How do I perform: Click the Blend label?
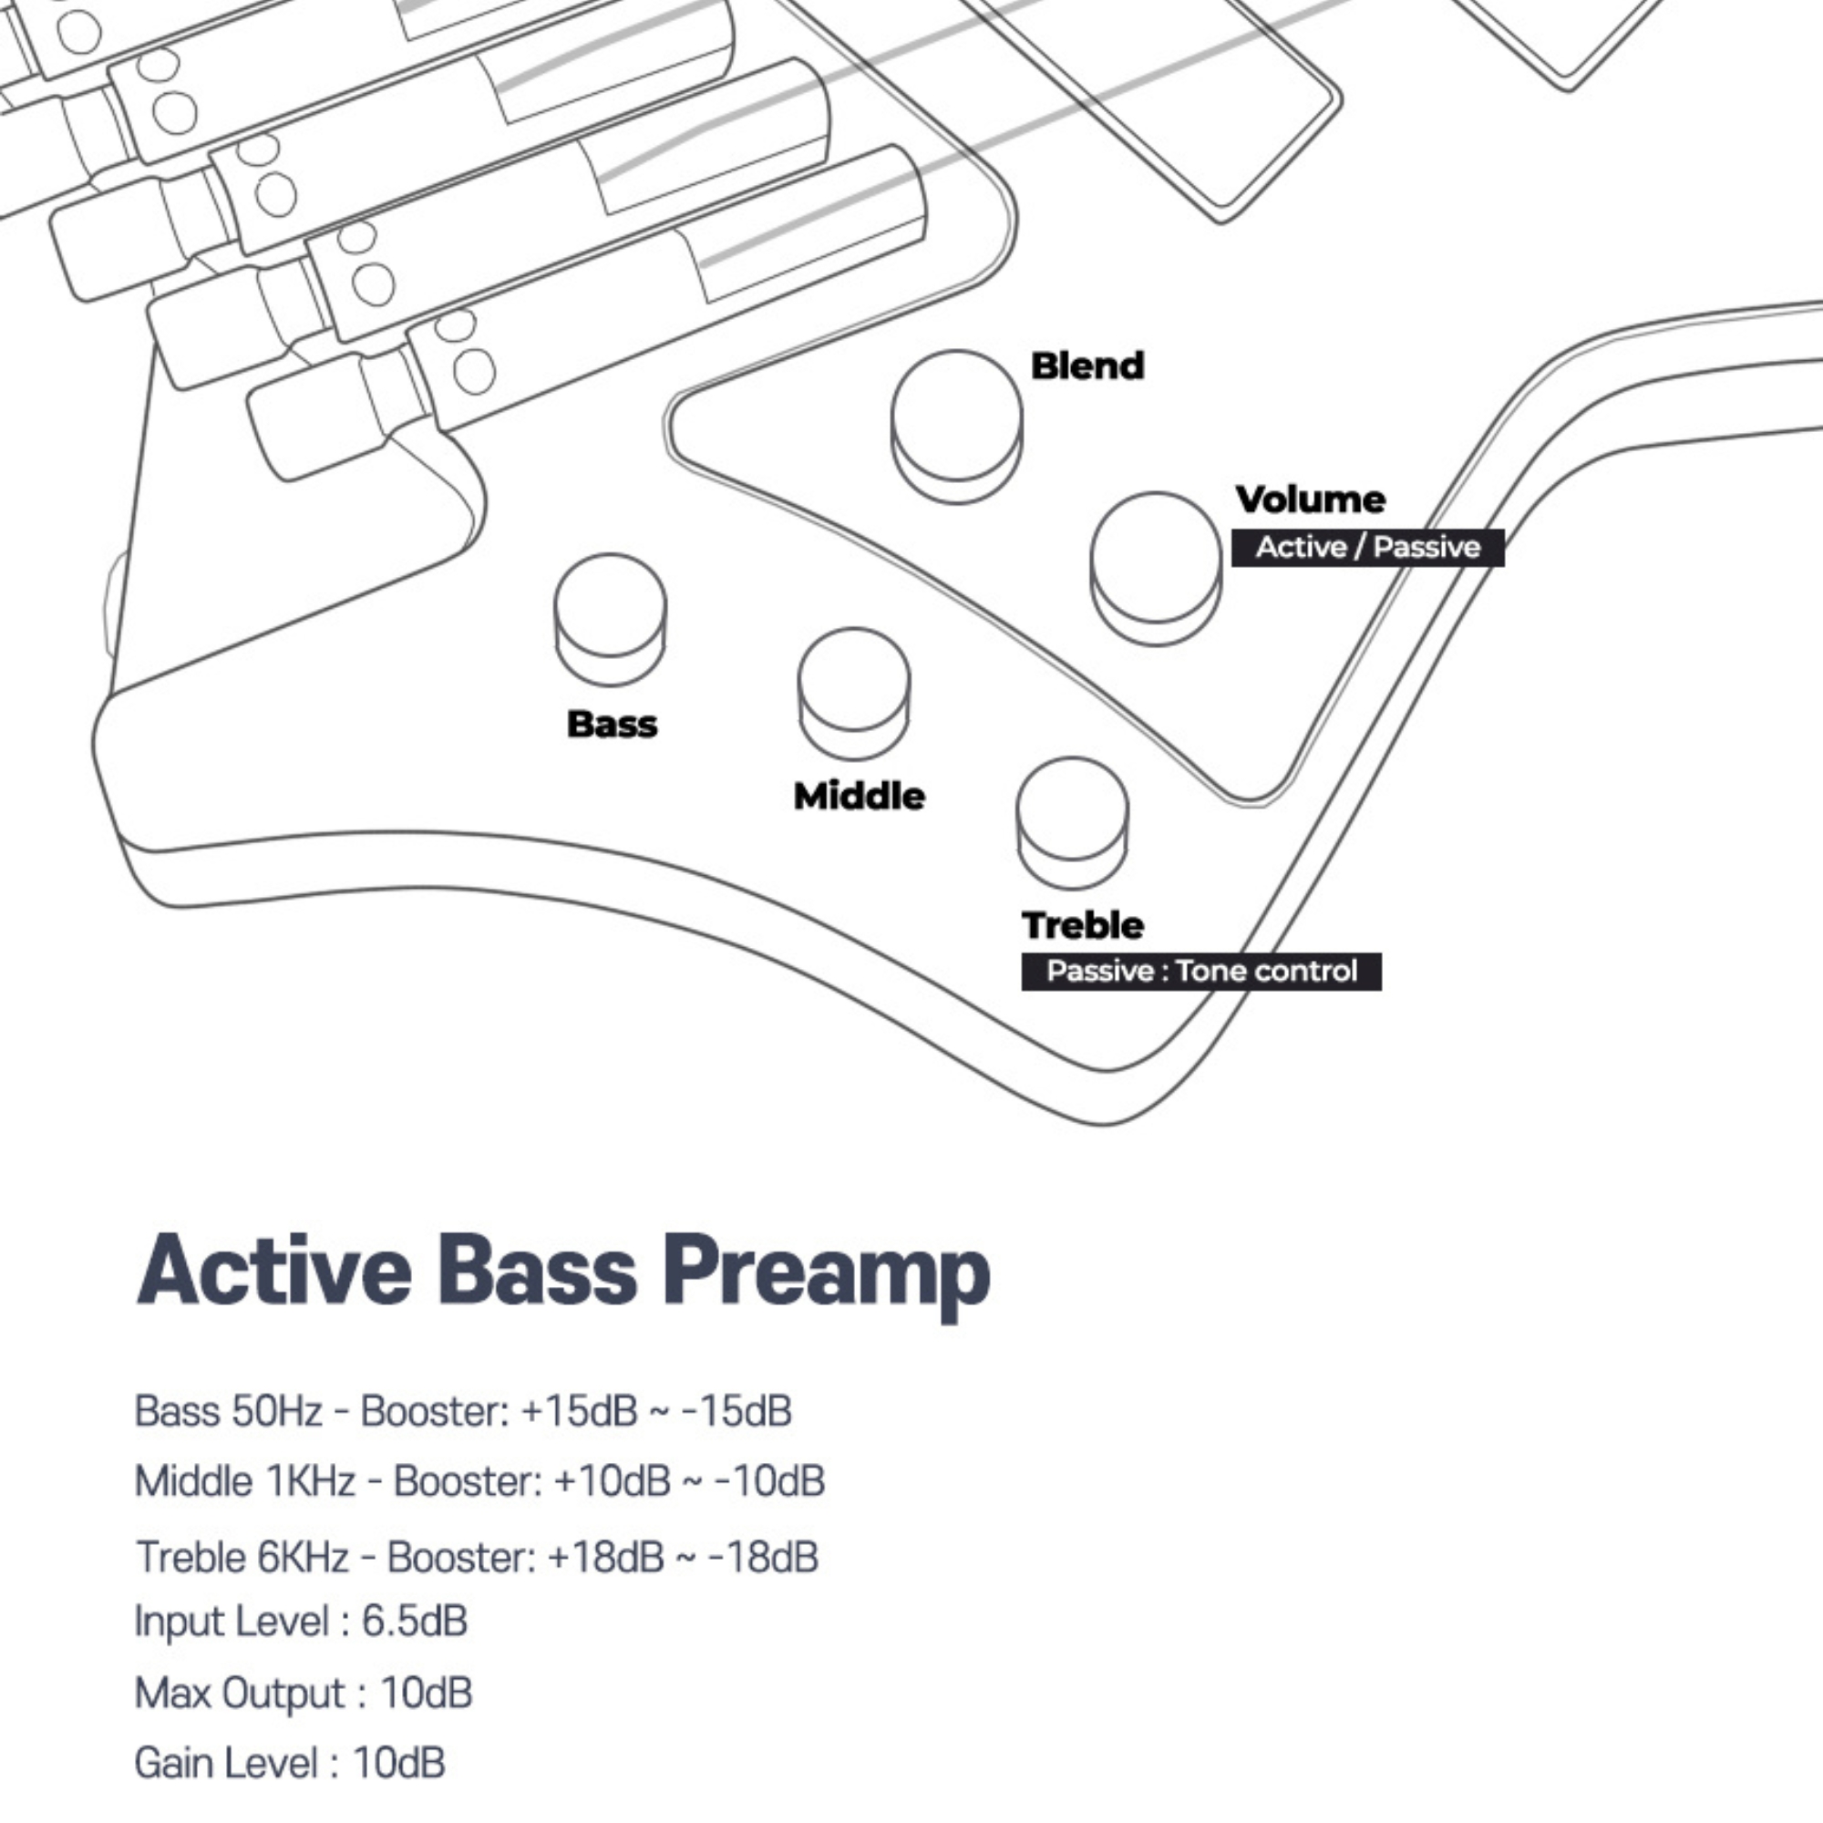pos(1087,366)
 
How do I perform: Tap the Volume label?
pos(1311,500)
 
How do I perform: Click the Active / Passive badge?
pos(1367,547)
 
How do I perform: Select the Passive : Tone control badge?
pos(1201,971)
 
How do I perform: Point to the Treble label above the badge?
pos(1082,926)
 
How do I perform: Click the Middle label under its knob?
pos(859,797)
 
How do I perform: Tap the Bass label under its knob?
pos(612,725)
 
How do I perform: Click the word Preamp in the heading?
pos(827,1272)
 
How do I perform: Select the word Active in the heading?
pos(273,1271)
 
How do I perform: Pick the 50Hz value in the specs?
pos(275,1412)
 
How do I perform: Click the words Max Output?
pos(239,1693)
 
